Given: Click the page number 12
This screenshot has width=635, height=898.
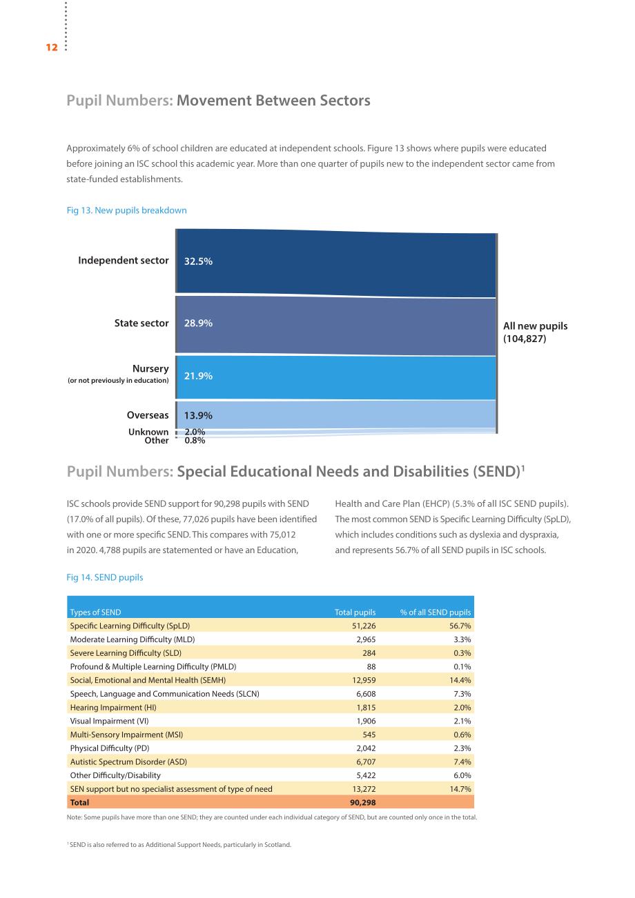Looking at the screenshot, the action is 52,48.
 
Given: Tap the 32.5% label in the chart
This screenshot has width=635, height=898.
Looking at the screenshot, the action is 198,261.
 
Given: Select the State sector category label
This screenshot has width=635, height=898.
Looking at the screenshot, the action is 141,323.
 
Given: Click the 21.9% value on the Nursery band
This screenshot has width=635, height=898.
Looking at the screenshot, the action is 198,376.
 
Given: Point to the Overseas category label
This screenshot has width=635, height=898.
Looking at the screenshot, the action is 148,415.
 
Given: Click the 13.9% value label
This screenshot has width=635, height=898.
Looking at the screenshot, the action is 198,415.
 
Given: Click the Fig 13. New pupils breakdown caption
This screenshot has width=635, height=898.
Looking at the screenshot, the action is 127,210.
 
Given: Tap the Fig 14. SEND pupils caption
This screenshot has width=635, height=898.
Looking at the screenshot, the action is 105,577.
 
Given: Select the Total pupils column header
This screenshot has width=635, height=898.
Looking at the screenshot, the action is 355,612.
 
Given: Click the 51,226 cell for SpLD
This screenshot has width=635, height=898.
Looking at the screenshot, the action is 364,626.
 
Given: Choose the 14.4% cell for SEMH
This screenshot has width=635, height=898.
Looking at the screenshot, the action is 460,680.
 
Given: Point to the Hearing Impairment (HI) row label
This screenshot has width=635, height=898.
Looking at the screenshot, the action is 113,707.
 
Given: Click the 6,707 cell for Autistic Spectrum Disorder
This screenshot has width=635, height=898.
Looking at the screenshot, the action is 366,761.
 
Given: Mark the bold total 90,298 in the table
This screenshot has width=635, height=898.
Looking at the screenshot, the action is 362,802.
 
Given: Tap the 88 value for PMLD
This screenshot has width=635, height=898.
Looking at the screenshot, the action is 371,666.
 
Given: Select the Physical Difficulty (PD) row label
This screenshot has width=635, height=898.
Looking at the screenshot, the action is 110,748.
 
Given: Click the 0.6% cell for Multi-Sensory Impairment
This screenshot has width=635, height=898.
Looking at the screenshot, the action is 462,735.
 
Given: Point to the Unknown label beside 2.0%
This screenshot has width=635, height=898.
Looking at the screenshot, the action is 148,432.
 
